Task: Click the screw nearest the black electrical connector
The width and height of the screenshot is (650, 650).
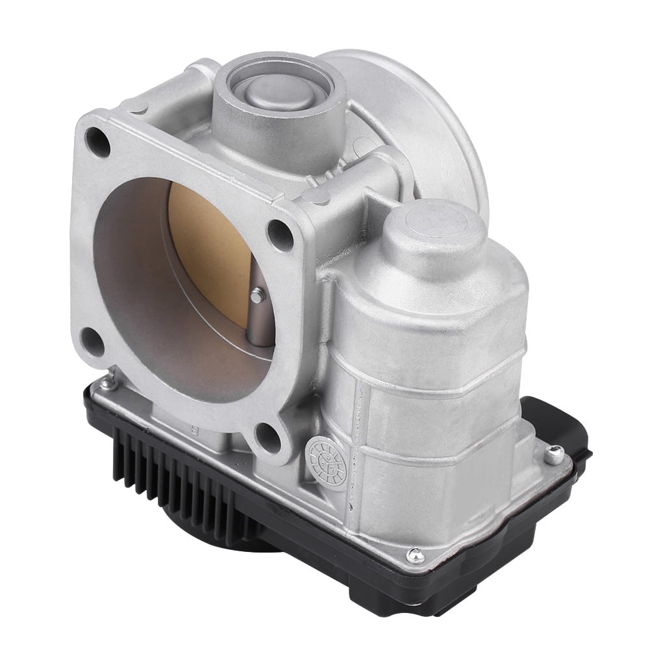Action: [553, 453]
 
